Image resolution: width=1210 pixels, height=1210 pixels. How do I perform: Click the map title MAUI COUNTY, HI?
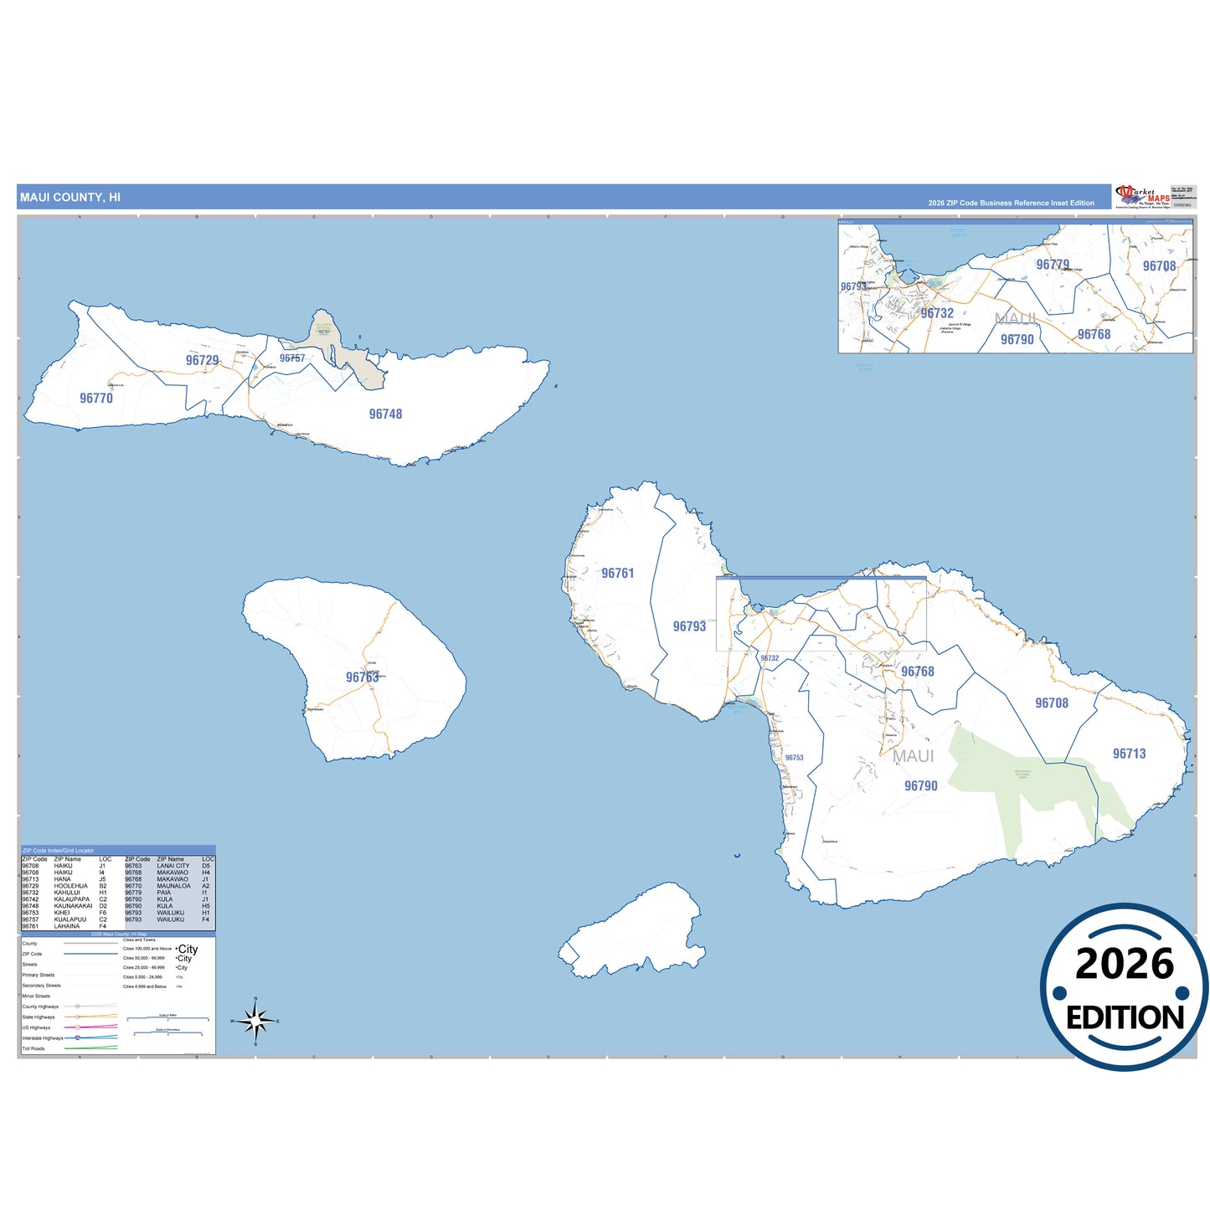coord(70,198)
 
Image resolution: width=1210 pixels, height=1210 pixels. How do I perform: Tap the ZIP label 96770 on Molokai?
coord(96,399)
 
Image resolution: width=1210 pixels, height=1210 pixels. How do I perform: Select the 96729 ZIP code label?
coord(202,360)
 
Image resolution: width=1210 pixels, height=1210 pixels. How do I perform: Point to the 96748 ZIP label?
coord(385,414)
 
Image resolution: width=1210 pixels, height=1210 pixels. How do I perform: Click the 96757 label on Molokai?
coord(292,358)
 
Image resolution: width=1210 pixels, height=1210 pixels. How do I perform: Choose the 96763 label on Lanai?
coord(363,677)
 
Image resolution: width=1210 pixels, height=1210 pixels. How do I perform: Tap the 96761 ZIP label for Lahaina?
coord(618,574)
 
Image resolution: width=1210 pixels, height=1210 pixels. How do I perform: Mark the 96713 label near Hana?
coord(1129,754)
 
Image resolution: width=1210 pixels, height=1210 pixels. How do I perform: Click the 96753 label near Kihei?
coord(794,758)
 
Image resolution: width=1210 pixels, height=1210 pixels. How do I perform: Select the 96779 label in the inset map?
coord(1053,265)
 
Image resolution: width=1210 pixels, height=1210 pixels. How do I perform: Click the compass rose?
coord(255,1021)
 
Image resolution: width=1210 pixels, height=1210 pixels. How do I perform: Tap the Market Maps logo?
coord(1141,197)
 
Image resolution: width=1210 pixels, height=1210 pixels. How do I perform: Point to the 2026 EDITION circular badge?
coord(1124,987)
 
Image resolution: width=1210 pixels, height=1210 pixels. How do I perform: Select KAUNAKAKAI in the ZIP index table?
coord(73,906)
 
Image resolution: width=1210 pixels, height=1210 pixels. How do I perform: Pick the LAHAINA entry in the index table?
coord(67,926)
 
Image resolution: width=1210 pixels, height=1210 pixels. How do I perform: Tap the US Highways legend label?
coord(36,1027)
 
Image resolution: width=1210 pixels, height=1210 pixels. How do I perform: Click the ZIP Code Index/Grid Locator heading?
coord(58,851)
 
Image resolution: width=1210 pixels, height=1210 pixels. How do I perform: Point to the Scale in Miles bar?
coord(167,1018)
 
